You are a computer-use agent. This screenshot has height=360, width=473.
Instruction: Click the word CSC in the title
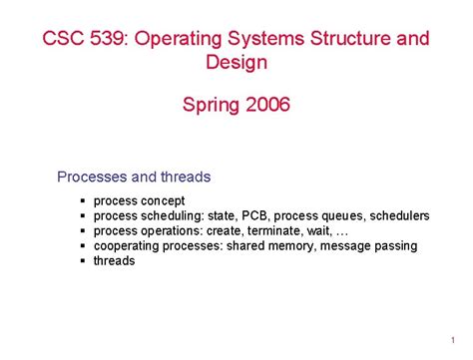(61, 39)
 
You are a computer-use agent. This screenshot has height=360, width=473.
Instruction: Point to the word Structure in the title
(356, 39)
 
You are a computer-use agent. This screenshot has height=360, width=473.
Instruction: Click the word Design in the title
(236, 63)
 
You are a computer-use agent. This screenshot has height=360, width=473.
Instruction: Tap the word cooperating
(127, 245)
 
